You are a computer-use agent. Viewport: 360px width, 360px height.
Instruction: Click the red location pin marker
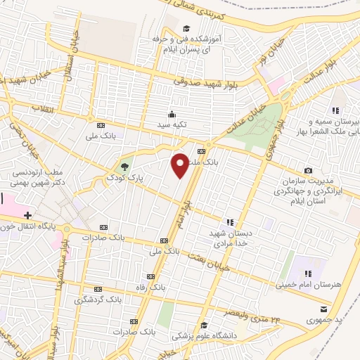pos(180,165)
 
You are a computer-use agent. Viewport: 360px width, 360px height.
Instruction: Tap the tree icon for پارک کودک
pos(124,167)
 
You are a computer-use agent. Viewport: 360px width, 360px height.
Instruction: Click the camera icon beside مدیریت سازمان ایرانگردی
pos(308,171)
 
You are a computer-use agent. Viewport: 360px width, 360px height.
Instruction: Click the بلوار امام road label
pos(181,211)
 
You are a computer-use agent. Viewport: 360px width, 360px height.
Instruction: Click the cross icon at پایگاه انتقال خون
pos(27,214)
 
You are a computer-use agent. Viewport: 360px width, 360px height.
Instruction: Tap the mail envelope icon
pos(323,309)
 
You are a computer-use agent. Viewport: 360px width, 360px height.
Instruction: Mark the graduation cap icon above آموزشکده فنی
pos(186,29)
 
